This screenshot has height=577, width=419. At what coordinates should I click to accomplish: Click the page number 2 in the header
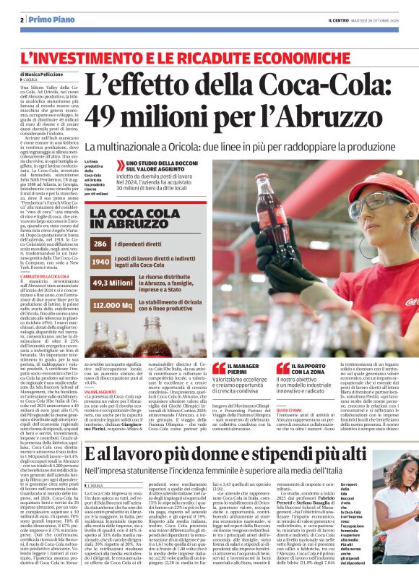coord(22,20)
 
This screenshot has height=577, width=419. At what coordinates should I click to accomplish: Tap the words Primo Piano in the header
coord(46,20)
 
